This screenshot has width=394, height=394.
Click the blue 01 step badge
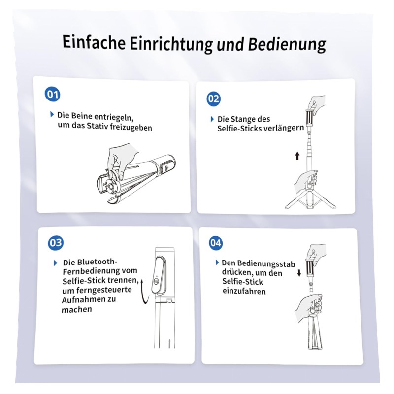click(52, 95)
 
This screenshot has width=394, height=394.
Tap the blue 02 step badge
click(214, 99)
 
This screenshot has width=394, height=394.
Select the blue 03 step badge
click(56, 243)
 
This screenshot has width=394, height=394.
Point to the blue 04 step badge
click(216, 243)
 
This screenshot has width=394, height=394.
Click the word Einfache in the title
click(94, 42)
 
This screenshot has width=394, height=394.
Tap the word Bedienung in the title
click(287, 45)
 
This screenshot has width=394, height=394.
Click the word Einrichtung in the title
click(171, 43)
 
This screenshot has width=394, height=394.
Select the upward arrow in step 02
click(297, 156)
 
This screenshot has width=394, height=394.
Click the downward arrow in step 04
click(299, 273)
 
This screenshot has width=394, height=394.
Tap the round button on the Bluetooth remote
click(156, 281)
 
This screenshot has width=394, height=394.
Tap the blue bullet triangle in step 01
click(52, 114)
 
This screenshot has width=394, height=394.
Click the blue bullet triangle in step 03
click(56, 263)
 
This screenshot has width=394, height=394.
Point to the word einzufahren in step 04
click(244, 291)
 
